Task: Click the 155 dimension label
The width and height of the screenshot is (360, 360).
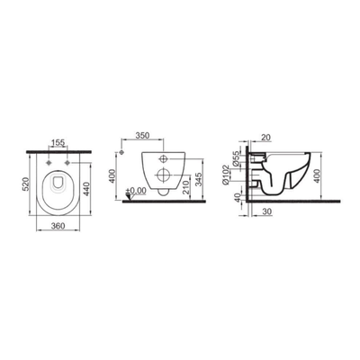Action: coord(58,142)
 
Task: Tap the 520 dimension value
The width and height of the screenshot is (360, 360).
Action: coord(26,184)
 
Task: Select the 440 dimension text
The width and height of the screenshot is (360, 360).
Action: coord(86,189)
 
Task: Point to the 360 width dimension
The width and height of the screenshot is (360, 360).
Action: coord(58,226)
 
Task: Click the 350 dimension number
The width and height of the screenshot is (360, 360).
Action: coord(142,135)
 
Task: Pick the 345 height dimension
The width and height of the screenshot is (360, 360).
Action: coord(199,179)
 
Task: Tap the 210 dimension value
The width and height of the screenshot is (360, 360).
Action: coord(186,187)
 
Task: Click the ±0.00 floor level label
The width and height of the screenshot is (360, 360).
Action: coord(136,190)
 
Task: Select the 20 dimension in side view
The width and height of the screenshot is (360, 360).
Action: coord(265,137)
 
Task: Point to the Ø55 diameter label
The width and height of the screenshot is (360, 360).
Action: coord(236,157)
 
